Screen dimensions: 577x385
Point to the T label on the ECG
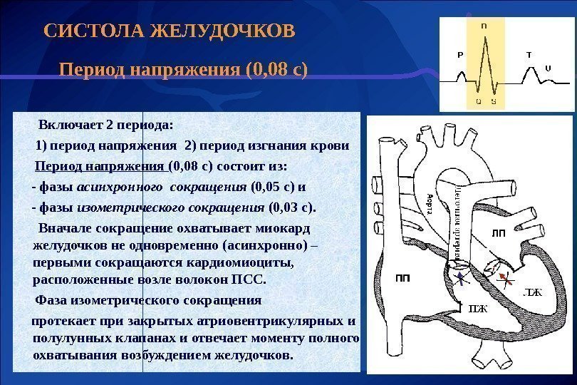click(x=529, y=55)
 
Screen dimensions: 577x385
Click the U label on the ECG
click(x=547, y=68)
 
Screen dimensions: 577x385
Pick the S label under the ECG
click(x=494, y=102)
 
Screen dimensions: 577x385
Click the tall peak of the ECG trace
click(x=485, y=36)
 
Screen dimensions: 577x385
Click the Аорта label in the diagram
click(x=429, y=207)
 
